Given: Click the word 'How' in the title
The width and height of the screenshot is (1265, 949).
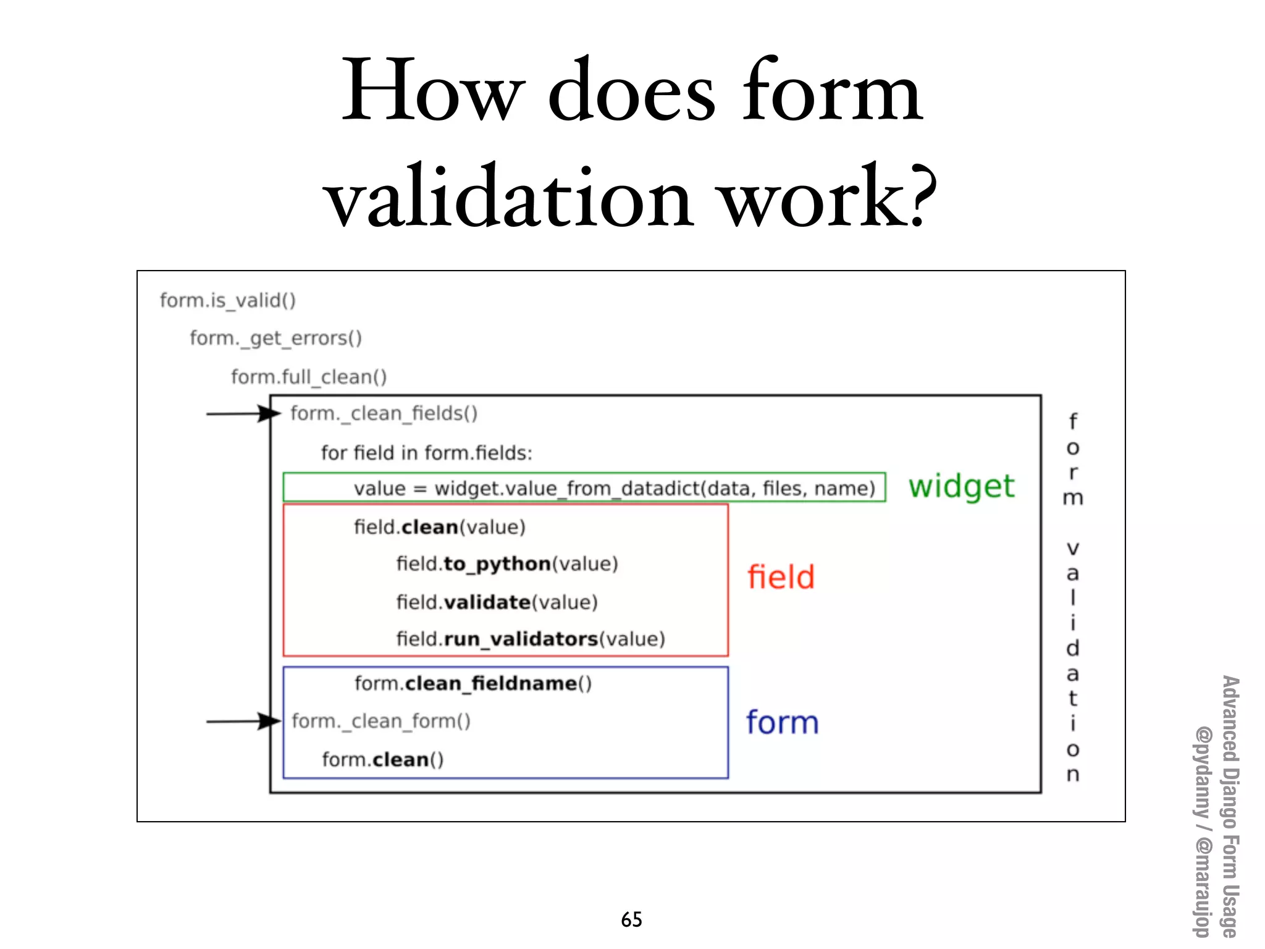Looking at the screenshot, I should pos(432,91).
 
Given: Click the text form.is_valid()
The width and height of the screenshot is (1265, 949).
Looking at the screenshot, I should pos(228,300).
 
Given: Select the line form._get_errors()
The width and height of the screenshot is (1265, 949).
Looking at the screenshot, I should pos(275,339).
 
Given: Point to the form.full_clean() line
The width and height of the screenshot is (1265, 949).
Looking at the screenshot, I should pos(309,376).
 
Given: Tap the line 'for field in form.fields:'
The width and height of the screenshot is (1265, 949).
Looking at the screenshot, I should pos(426,453).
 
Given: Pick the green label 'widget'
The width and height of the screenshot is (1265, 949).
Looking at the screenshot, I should pos(961,487).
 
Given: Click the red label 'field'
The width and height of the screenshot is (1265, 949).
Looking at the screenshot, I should pos(781,577).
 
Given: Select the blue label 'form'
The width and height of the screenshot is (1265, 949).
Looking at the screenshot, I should pos(782,722).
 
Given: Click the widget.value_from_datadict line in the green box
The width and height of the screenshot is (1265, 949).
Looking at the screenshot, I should pos(614,488).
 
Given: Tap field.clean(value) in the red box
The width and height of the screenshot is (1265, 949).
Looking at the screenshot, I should pos(439,527).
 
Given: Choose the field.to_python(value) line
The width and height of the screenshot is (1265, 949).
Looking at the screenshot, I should pos(506,564).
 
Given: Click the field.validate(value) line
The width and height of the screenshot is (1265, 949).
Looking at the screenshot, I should pos(497,602).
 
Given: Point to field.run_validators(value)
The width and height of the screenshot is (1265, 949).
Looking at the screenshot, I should pos(530,639).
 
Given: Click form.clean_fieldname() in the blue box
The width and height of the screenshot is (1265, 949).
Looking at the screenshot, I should pos(473,683).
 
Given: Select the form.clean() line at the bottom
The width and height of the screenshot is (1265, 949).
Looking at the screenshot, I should pos(382,759).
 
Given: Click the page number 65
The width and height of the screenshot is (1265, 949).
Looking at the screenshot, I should pos(631,919).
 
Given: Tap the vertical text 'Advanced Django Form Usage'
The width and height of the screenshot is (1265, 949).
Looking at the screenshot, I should pos(1230,806).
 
